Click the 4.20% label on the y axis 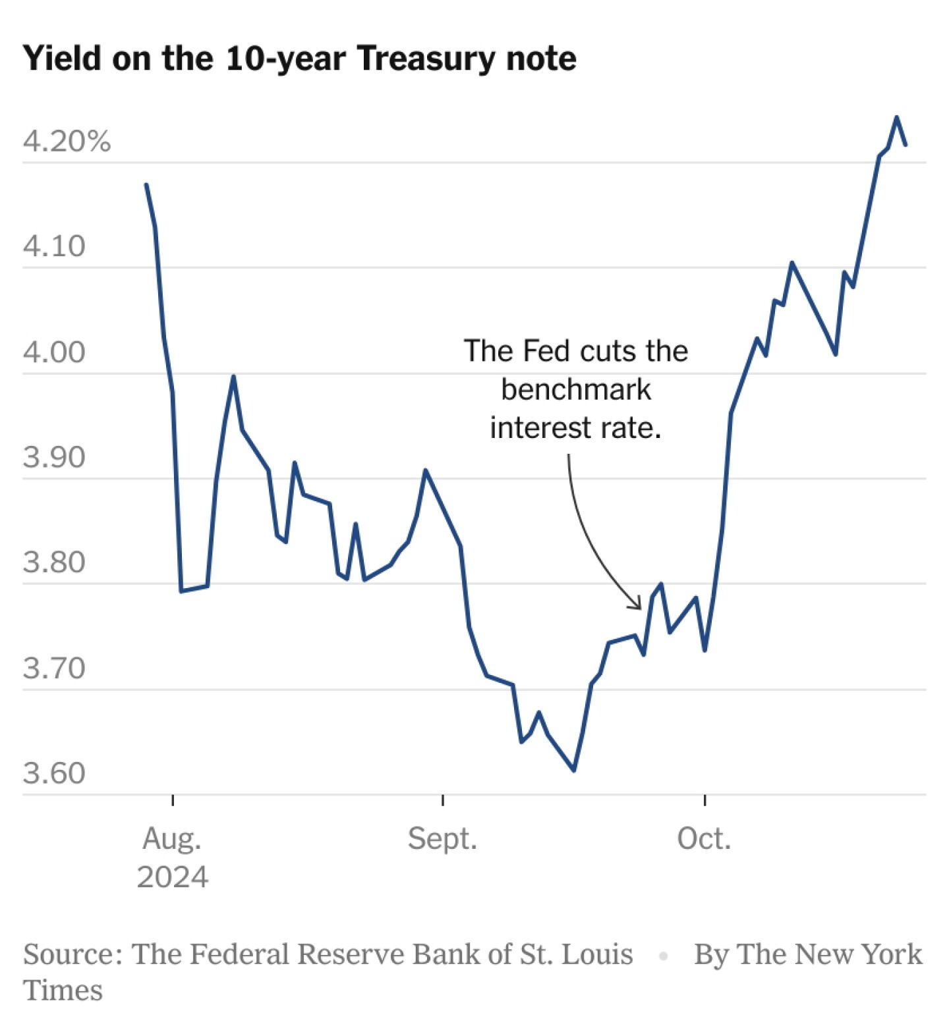pyautogui.click(x=67, y=142)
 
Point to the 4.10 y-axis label pyautogui.click(x=54, y=247)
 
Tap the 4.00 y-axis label pyautogui.click(x=54, y=352)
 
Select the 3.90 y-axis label pyautogui.click(x=54, y=458)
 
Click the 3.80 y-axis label pyautogui.click(x=54, y=563)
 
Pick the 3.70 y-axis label pyautogui.click(x=54, y=668)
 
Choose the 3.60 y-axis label pyautogui.click(x=54, y=774)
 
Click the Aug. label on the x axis pyautogui.click(x=172, y=839)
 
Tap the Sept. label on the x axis pyautogui.click(x=442, y=839)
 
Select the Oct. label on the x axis pyautogui.click(x=704, y=839)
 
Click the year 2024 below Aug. pyautogui.click(x=172, y=877)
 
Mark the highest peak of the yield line pyautogui.click(x=896, y=118)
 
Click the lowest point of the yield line pyautogui.click(x=574, y=770)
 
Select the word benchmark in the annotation pyautogui.click(x=575, y=389)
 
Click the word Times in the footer pyautogui.click(x=63, y=991)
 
